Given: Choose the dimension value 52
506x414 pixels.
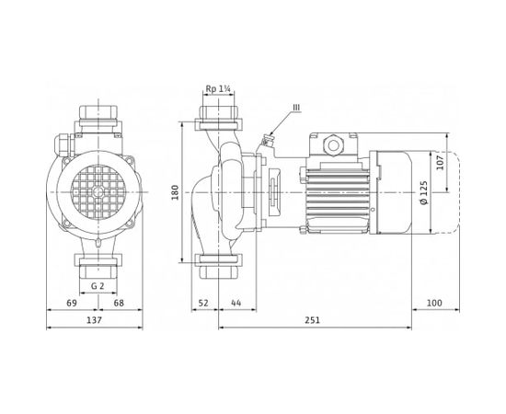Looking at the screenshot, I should [x=202, y=303].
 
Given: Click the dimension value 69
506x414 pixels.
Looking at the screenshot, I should [x=71, y=303].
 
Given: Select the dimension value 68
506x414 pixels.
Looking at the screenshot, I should [x=120, y=303].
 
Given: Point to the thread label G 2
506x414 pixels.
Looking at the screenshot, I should [x=96, y=287].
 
